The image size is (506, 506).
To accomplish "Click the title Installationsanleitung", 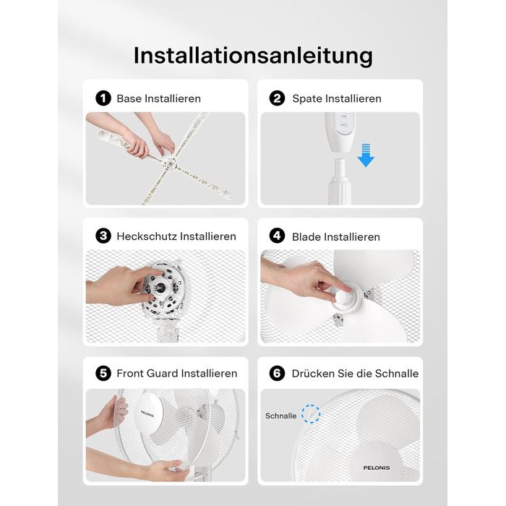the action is point(253,56).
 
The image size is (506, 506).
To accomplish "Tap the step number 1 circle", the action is point(103,98).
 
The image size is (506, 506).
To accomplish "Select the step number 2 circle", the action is point(277,98).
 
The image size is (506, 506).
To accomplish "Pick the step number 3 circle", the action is point(103,236).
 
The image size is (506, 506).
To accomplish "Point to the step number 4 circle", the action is point(277,236).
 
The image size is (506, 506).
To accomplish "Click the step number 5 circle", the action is point(103,373).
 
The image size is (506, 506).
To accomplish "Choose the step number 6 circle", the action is point(277,373).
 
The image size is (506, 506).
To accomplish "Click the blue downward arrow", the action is point(366,155).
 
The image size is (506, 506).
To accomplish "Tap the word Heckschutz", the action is point(147,236).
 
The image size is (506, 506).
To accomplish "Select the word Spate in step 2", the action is point(307,99).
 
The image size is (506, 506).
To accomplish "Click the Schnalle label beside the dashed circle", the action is point(280,416).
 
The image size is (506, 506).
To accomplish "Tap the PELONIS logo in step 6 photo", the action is point(377,468).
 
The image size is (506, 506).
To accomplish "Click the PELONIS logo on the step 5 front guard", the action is point(147,414).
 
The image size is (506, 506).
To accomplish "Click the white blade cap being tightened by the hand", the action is point(341,295).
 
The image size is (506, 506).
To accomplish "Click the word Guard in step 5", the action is point(161,374).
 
